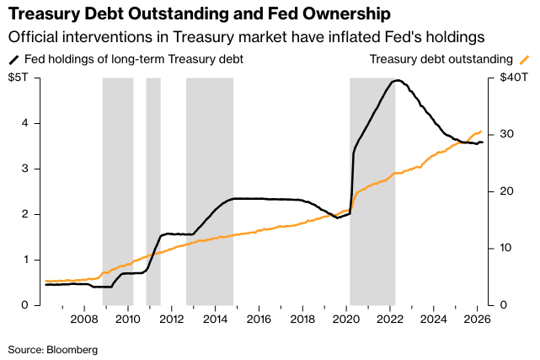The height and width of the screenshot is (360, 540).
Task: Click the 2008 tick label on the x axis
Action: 84,319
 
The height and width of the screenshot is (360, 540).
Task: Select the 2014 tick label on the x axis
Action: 215,319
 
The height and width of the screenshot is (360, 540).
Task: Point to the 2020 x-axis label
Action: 346,319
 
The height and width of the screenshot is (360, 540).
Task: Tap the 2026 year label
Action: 477,319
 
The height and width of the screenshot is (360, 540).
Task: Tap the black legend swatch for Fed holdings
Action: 14,60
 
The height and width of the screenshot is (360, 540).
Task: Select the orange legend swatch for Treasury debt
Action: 524,60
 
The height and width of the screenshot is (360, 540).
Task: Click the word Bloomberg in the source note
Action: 72,349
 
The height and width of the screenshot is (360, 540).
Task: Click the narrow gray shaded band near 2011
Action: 153,190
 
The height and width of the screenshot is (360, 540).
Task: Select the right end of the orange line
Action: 481,131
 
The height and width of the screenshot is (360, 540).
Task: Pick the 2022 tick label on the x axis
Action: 389,319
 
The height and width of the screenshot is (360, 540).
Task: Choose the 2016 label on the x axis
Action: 259,319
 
